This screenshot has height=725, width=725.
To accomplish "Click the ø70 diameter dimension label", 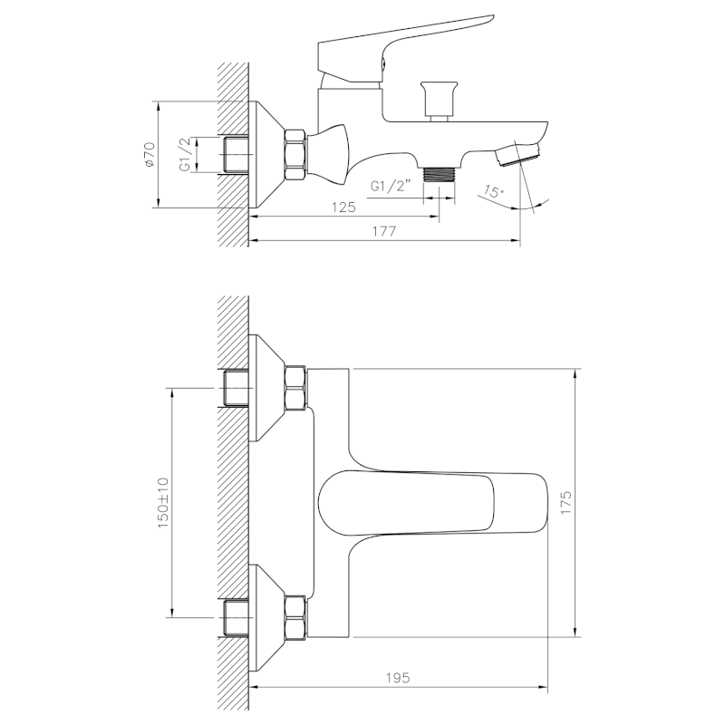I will click(x=150, y=154).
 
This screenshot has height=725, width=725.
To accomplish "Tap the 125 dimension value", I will click(x=342, y=208).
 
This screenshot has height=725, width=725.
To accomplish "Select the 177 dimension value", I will click(x=384, y=231).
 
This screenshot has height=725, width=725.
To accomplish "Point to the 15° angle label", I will click(x=493, y=191).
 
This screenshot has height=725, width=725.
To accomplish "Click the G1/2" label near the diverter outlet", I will click(x=391, y=187).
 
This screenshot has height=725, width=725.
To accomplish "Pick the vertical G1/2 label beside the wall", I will click(x=185, y=154).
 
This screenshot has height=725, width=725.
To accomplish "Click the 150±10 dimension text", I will click(x=163, y=503).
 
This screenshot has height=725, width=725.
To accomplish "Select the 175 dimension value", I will click(x=565, y=503).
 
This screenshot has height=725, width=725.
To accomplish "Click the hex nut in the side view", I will click(x=295, y=154).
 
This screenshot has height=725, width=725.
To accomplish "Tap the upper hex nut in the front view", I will click(x=295, y=388).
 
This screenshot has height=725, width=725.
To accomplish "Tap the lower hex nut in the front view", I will click(x=295, y=617).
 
